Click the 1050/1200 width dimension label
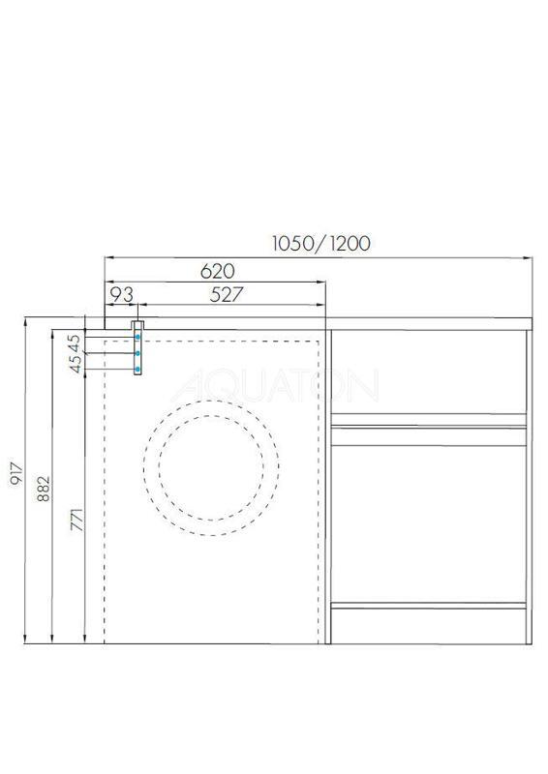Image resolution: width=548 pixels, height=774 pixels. click(320, 243)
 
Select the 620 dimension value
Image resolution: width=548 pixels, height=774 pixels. click(218, 271)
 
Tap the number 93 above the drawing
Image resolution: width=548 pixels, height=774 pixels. click(121, 295)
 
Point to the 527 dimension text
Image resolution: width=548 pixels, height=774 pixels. click(227, 295)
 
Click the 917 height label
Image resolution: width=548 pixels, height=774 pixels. click(16, 473)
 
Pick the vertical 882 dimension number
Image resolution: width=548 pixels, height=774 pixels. click(44, 489)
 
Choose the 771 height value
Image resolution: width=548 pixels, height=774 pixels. click(77, 520)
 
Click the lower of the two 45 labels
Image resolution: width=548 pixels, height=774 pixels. click(76, 364)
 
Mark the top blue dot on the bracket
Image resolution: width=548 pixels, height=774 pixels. click(137, 337)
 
